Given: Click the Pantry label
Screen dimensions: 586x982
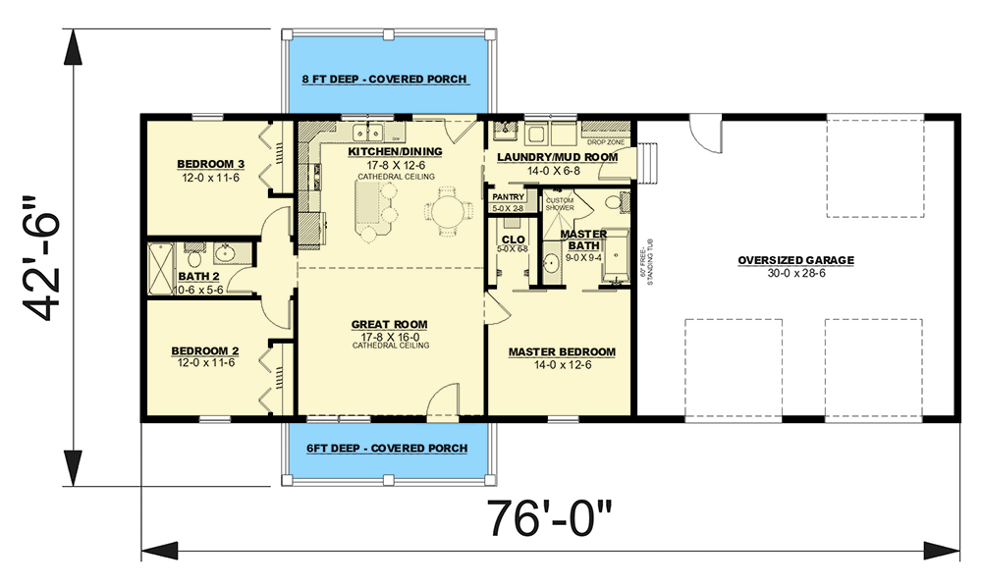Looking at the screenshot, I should pos(507,198).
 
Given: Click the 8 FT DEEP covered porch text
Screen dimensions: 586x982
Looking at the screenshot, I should pos(384,80).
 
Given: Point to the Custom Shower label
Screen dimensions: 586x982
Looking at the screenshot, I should pos(559,204).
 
